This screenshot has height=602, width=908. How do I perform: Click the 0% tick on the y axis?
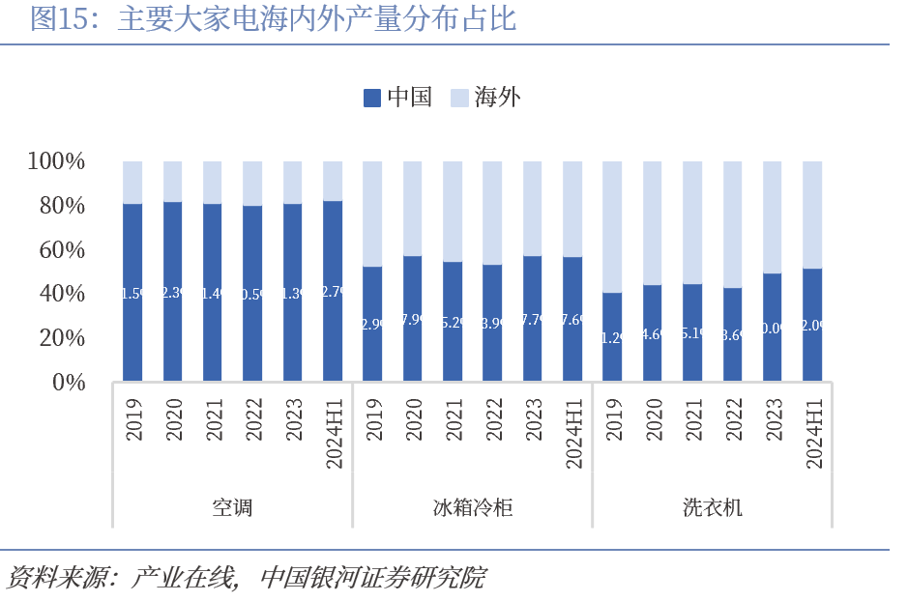(69, 383)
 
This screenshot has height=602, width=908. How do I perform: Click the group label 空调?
(232, 506)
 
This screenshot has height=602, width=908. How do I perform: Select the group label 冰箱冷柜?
(472, 506)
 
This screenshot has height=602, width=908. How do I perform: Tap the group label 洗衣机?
(712, 506)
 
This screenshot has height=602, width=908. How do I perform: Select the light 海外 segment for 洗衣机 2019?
(612, 226)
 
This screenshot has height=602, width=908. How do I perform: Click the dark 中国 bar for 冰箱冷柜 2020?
(413, 318)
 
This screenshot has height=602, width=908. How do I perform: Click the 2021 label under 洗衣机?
(692, 420)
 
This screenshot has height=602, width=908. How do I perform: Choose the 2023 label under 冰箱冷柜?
(533, 420)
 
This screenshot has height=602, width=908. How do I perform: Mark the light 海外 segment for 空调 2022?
(252, 183)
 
